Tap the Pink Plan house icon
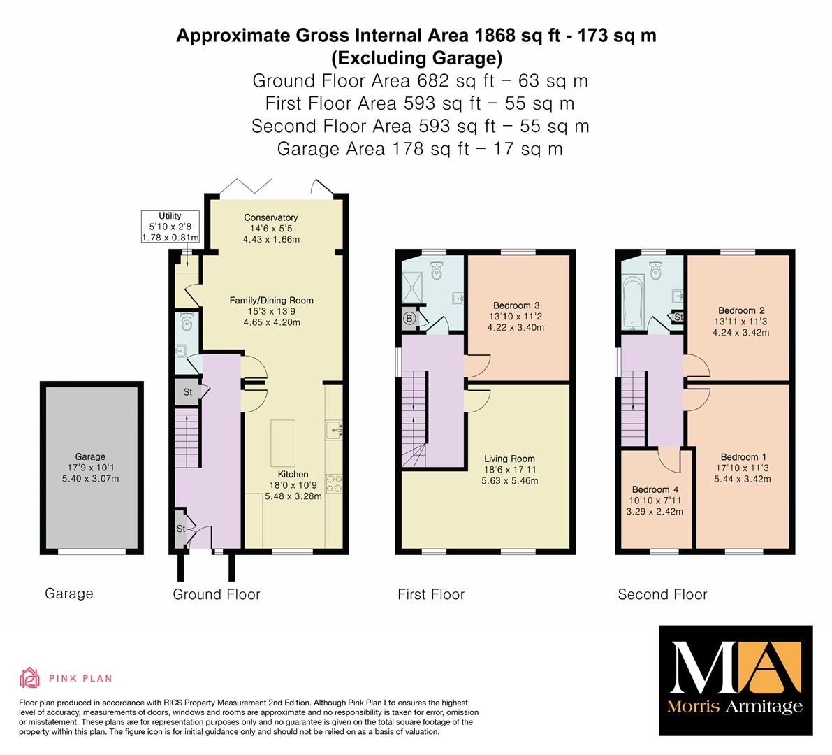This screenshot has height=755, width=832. pyautogui.click(x=30, y=677)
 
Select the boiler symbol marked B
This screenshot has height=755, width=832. pyautogui.click(x=409, y=319)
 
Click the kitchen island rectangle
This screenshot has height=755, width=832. pyautogui.click(x=283, y=443)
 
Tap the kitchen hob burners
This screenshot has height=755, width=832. pyautogui.click(x=334, y=483)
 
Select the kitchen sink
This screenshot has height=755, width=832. pyautogui.click(x=334, y=430)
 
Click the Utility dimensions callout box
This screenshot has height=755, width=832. pyautogui.click(x=170, y=226)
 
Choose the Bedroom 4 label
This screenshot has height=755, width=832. pyautogui.click(x=655, y=489)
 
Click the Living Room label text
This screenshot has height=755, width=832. pyautogui.click(x=509, y=459)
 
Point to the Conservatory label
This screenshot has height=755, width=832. pyautogui.click(x=270, y=217)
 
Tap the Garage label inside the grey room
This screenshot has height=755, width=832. pyautogui.click(x=90, y=456)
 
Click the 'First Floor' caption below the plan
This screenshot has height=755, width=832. pyautogui.click(x=431, y=594)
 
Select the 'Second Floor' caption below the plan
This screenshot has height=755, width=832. pyautogui.click(x=662, y=594)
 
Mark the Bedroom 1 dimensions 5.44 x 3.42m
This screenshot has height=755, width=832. pyautogui.click(x=743, y=479)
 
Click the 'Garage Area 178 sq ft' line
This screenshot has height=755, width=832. pyautogui.click(x=420, y=149)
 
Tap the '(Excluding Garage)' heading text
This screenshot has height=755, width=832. pyautogui.click(x=416, y=57)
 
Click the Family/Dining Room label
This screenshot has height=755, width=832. pyautogui.click(x=271, y=300)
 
